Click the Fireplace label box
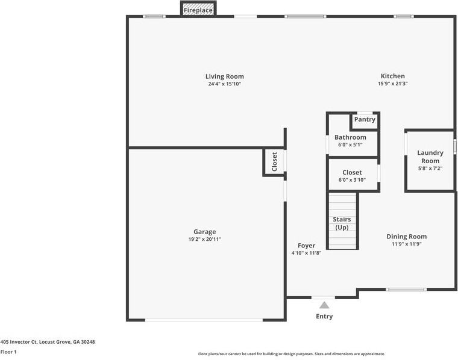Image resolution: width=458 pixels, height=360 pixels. coord(198,10)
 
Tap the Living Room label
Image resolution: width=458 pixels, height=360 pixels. coord(224,76)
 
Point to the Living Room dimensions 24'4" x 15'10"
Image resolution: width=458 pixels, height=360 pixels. coord(224,84)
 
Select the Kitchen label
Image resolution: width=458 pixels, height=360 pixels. coord(392,76)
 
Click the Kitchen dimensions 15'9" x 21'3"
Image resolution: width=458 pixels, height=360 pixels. coord(392,84)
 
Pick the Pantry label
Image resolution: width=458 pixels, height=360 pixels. coord(365,119)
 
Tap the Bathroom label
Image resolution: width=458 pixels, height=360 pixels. coord(350,137)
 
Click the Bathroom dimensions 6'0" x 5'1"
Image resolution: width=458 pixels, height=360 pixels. coord(350,145)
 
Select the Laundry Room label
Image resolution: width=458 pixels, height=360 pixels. coord(430,157)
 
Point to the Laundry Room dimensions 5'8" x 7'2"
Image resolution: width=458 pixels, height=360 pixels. coord(430,169)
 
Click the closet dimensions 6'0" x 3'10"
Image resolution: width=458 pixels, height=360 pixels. coord(352,180)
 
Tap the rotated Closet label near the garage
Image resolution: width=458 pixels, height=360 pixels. coord(275,162)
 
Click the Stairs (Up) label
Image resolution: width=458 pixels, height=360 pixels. coord(342,223)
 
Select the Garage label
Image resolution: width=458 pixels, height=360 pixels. coord(204,232)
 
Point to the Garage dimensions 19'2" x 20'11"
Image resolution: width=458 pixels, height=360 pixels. coord(204,240)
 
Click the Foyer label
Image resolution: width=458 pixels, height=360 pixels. coord(306,246)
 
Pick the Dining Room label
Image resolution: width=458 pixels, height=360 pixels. coord(406,237)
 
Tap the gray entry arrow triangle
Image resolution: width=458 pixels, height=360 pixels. coord(324,305)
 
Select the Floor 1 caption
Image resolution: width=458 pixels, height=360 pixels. coord(8,352)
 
